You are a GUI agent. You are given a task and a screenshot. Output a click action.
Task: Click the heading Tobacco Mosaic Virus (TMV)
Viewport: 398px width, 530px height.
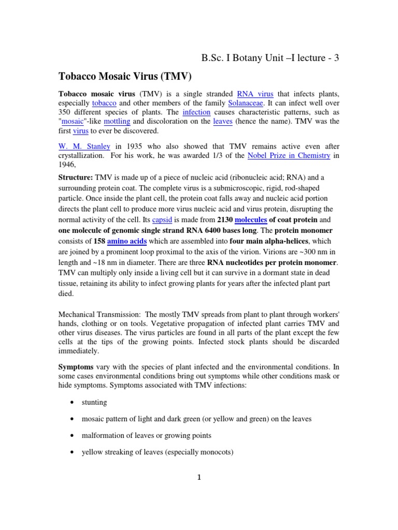[x=124, y=77]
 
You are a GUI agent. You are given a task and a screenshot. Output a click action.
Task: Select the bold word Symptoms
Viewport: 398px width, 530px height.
[x=75, y=366]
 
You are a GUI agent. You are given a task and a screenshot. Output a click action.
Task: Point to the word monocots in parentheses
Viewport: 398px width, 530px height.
[x=215, y=452]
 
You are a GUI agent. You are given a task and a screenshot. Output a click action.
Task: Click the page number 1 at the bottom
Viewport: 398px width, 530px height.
[x=198, y=478]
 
